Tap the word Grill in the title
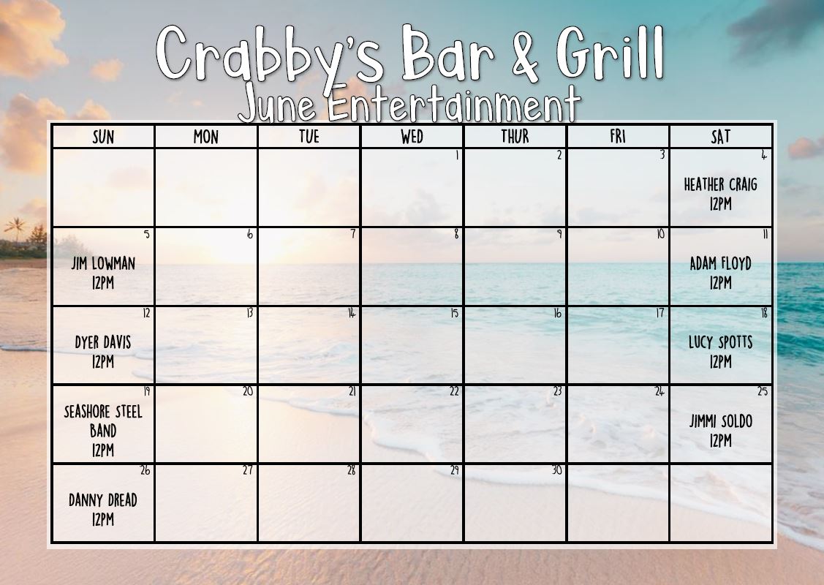point(610,53)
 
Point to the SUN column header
point(103,137)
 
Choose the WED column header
point(412,137)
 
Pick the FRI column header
point(618,137)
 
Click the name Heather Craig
point(720,184)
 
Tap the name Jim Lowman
point(103,263)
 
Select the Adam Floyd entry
point(720,263)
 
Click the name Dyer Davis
point(103,342)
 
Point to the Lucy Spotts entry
point(720,342)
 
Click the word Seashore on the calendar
point(87,412)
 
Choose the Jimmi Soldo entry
point(720,421)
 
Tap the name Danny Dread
point(103,500)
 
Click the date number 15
point(455,313)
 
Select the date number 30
point(557,470)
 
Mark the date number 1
point(457,155)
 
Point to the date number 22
point(454,391)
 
